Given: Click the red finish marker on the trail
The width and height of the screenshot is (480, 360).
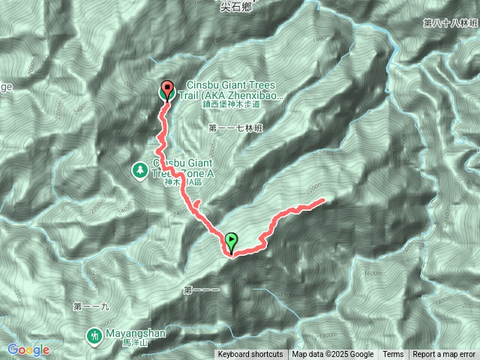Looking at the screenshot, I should [x=167, y=90].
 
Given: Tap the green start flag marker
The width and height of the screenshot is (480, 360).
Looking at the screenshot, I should [x=232, y=241].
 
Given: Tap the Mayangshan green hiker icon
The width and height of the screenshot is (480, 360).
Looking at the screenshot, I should [x=94, y=335].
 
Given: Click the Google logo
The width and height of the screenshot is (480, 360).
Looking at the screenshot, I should [x=28, y=349].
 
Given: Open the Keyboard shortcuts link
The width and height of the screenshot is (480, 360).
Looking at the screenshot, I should [x=250, y=355].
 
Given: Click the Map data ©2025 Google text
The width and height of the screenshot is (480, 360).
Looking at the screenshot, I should [x=333, y=355].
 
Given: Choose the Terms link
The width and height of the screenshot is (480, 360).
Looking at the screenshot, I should [x=393, y=355].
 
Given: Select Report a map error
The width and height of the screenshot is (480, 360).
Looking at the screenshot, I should [x=444, y=355].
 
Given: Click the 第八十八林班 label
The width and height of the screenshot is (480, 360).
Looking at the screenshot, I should [x=450, y=23].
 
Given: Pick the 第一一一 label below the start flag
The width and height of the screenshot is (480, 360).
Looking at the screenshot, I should [x=200, y=289].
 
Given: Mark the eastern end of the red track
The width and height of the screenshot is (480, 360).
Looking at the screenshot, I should [x=323, y=199].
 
